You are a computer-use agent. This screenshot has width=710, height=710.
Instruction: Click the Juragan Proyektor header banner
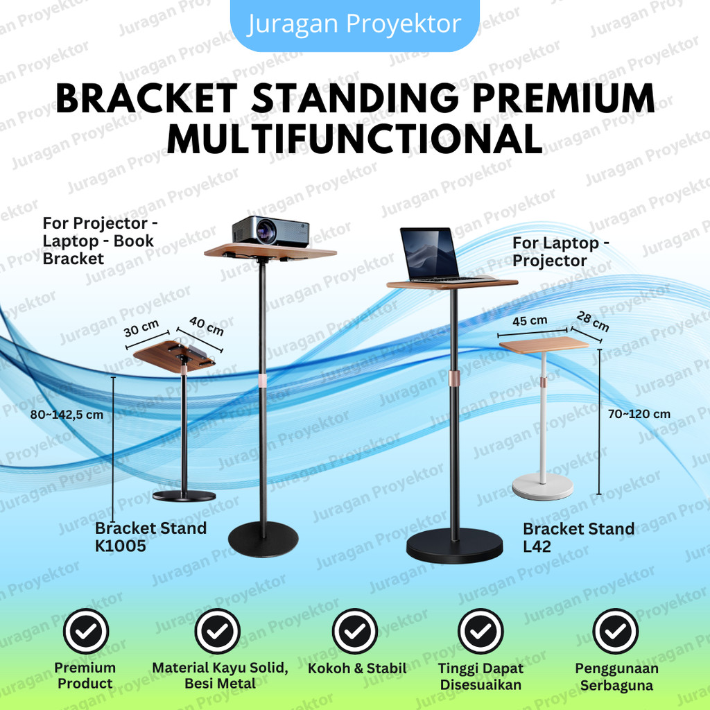point(354,24)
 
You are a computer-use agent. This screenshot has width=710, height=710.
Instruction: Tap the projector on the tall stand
point(270,231)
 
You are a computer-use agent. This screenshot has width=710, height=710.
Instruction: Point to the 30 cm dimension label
point(141,328)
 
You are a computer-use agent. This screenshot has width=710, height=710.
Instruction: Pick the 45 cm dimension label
point(530,321)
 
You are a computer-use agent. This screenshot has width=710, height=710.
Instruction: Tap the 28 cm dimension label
point(593,321)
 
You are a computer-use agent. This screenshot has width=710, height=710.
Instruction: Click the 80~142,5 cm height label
point(67,415)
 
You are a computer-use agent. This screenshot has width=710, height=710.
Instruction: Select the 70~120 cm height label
point(639,414)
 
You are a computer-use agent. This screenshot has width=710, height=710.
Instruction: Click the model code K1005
point(121,546)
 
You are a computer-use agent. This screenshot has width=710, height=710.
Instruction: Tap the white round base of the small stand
point(542,486)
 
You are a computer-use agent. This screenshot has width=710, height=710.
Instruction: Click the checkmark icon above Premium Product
point(85,632)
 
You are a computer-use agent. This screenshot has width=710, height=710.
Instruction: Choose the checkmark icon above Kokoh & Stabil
point(354,632)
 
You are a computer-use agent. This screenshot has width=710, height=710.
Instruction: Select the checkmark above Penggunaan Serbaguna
point(615,632)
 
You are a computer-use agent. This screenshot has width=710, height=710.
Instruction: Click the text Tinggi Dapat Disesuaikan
point(480,677)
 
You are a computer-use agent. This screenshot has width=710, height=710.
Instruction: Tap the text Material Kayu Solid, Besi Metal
point(220,675)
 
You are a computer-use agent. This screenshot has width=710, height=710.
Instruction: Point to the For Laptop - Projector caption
point(561,252)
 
